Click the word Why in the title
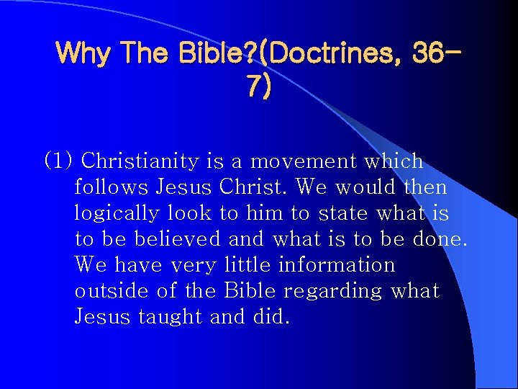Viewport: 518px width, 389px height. click(x=77, y=52)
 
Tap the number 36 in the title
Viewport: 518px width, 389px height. click(x=429, y=52)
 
